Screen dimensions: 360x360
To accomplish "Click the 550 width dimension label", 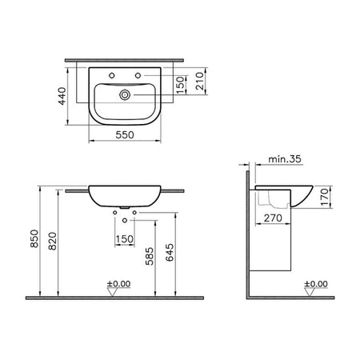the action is point(125,134).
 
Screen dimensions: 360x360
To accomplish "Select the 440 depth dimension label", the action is point(62,96).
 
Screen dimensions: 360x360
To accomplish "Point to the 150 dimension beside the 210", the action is point(181,85).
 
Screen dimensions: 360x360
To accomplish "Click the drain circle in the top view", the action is point(125,94).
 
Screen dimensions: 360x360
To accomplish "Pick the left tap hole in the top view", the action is point(112,76).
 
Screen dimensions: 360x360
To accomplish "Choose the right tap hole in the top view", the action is point(138,76).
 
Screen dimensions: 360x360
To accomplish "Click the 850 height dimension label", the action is point(34,238).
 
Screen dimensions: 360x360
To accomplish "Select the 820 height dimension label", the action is point(53,242).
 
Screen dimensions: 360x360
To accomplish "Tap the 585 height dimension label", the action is point(150,256).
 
